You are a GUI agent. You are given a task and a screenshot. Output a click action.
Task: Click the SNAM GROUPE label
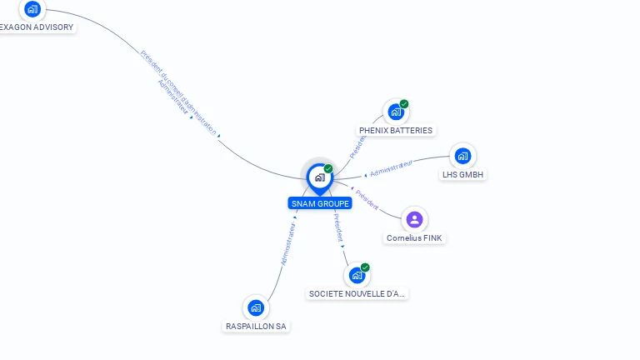coord(321,203)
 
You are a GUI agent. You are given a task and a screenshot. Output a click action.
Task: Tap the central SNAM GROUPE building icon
coord(319,177)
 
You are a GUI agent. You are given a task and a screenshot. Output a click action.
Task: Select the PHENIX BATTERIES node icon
coord(396,112)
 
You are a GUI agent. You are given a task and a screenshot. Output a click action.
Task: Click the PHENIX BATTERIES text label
coord(396,131)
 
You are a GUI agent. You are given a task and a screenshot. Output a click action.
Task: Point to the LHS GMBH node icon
coord(462,156)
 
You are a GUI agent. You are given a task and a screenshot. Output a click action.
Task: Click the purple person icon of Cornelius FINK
coord(414,219)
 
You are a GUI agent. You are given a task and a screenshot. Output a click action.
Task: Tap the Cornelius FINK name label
coord(415,238)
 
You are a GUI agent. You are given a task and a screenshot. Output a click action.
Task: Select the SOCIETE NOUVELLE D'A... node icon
coord(357,275)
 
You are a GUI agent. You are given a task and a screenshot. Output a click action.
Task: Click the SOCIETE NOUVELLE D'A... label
coord(357,294)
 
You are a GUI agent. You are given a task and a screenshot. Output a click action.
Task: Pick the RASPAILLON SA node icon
coord(256,307)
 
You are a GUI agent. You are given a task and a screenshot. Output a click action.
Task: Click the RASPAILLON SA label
coord(257,327)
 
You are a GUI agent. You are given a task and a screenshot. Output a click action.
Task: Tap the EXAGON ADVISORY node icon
coord(32,9)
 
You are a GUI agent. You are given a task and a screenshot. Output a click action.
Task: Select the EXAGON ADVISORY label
coord(37,27)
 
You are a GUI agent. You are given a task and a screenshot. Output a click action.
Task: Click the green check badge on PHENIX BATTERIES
coord(404,104)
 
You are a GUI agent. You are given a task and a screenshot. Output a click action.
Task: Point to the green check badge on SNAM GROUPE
coord(328,169)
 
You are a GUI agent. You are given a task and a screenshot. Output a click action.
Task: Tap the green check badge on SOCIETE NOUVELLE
coord(365,267)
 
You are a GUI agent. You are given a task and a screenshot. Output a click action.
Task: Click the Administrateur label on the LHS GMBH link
coord(391,168)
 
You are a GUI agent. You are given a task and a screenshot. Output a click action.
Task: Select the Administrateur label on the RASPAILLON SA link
coord(288,243)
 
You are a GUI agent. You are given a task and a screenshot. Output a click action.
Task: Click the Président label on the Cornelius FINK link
coord(367,199)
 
